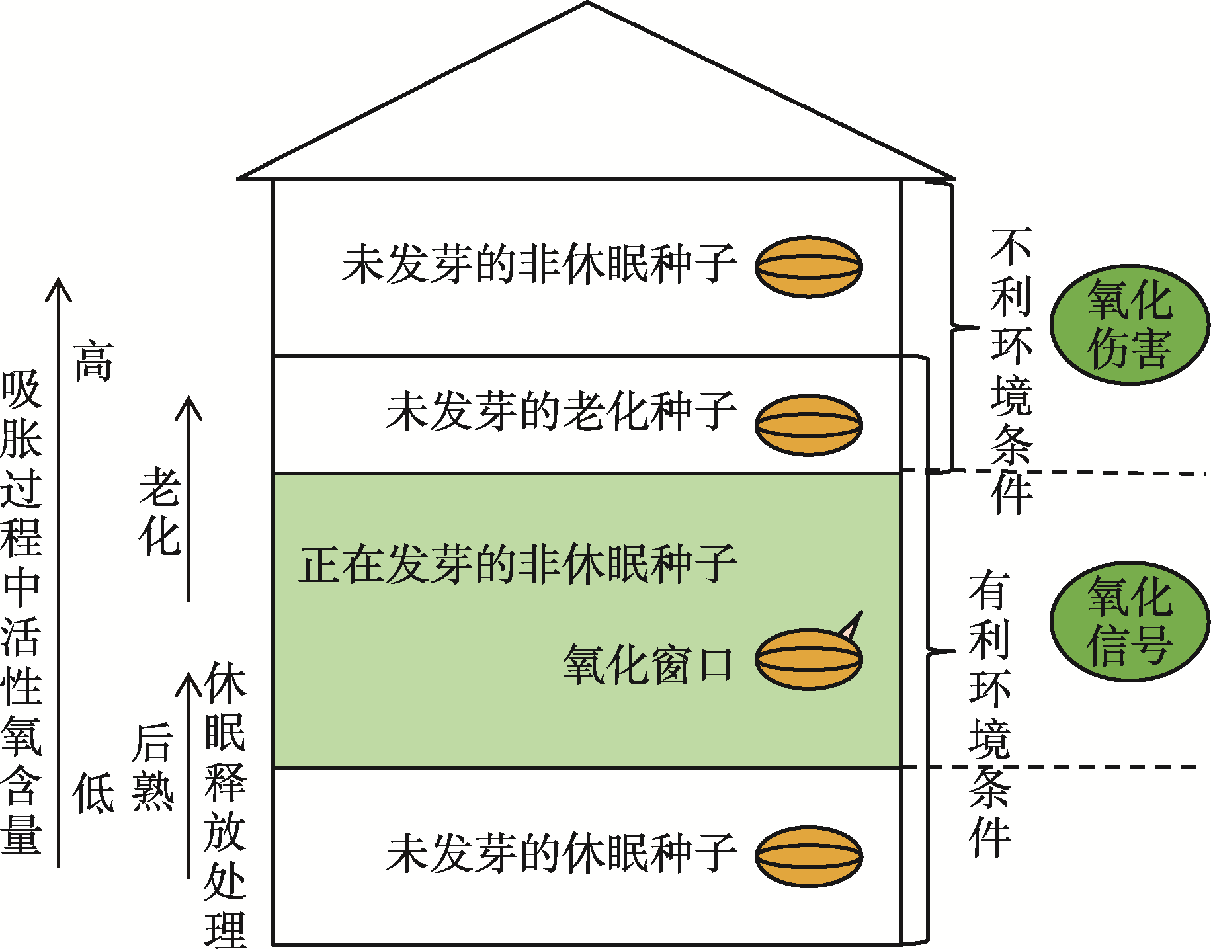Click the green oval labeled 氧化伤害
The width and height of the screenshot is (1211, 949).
click(1130, 324)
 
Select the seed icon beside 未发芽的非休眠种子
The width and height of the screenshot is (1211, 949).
click(808, 267)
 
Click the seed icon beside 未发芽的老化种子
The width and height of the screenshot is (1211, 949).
click(808, 425)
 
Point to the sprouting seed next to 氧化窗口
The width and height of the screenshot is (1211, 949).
click(808, 659)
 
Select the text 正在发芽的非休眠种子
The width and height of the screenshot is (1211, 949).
click(517, 564)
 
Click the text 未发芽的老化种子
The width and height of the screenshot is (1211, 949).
click(561, 411)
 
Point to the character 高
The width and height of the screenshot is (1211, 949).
click(93, 361)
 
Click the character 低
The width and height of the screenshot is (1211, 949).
click(93, 792)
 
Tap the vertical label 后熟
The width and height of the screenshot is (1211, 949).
click(153, 767)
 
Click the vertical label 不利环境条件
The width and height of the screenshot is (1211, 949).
click(1011, 370)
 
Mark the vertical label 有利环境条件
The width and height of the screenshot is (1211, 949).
click(989, 714)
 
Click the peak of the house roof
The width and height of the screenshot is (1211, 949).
click(587, 4)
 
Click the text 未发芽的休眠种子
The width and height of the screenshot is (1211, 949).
click(561, 853)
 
